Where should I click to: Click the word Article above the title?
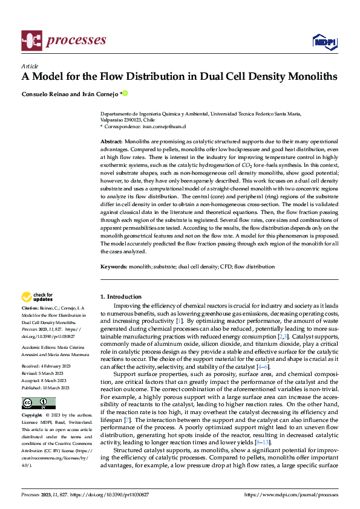click(30, 66)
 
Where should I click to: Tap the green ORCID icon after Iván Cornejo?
click(126, 94)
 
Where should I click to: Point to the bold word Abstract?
click(111, 140)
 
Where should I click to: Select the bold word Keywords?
click(113, 266)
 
